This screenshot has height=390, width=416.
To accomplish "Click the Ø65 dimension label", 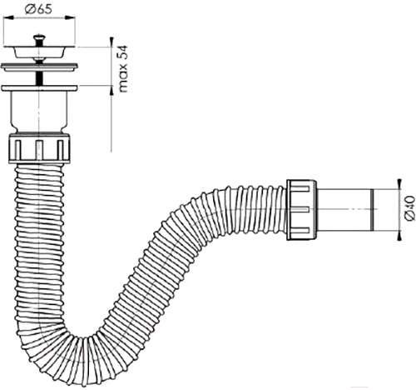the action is pos(38,9).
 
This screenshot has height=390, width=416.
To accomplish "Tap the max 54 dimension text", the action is pos(122,68).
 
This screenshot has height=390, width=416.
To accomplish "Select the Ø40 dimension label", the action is pos(410,208).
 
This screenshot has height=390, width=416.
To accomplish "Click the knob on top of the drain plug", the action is pos(39,37).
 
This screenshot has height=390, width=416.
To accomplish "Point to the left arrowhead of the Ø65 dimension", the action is pos(8,17).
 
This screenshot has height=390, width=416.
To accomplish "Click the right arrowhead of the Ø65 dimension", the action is pos(70,17).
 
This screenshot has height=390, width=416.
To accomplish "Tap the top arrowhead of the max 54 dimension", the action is pos(111,42).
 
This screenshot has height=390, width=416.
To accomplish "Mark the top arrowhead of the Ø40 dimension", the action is pos(399,183).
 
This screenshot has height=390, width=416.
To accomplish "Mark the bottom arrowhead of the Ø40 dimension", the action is pos(399,235).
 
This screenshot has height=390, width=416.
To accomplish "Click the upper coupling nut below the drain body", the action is pos(39,147).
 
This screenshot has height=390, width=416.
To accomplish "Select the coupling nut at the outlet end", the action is pos(301,210).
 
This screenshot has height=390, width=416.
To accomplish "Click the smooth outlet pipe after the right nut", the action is pos(345,210).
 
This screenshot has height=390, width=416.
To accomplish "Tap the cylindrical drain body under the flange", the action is pos(39,111).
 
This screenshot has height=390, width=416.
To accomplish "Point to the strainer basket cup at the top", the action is pos(39,52).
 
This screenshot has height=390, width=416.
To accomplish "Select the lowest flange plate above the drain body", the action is pos(39,88).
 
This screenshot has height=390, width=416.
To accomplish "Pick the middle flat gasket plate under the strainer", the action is pos(39,67).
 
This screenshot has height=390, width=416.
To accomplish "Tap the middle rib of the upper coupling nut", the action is pos(39,150).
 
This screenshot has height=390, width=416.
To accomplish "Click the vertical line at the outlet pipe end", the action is pos(373,210).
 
